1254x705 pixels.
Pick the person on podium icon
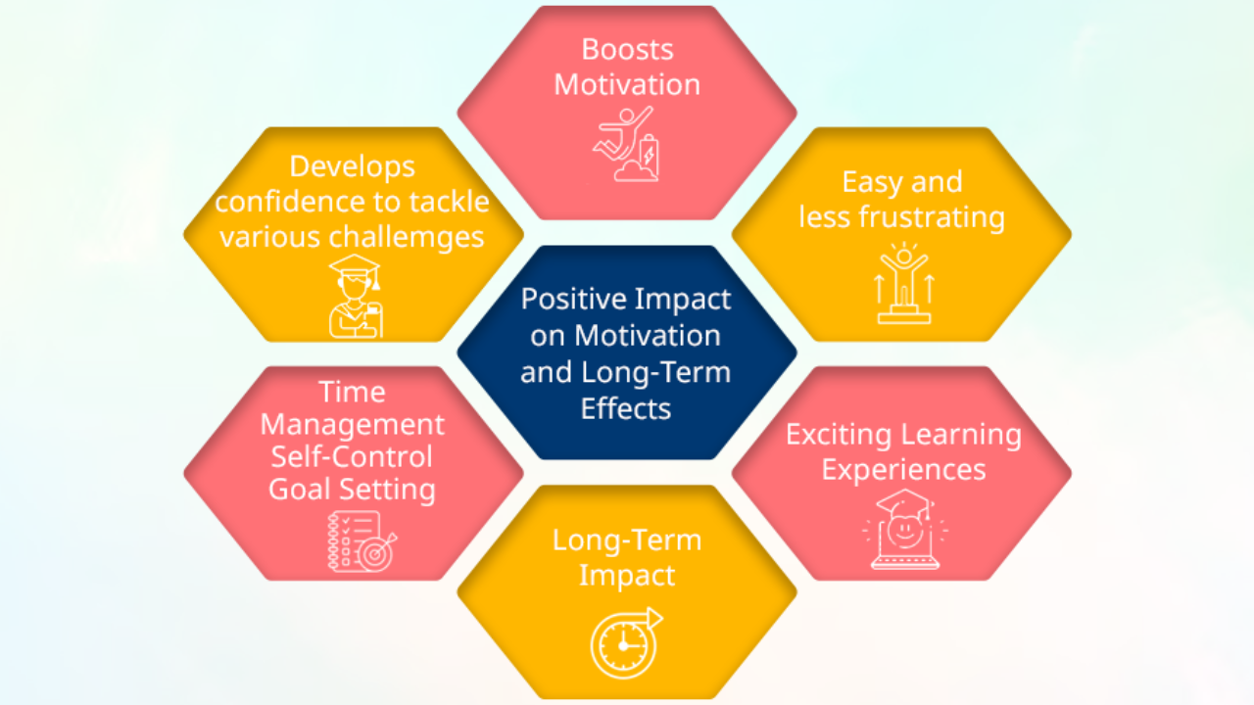click(903, 284)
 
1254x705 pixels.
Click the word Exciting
click(839, 434)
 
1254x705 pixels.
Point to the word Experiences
click(903, 469)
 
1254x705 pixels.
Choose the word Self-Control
click(352, 456)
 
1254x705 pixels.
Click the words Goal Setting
click(352, 489)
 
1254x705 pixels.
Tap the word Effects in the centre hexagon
click(626, 407)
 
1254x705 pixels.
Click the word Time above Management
click(352, 392)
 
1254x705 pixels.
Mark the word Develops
click(352, 166)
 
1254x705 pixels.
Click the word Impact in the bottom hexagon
click(626, 575)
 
